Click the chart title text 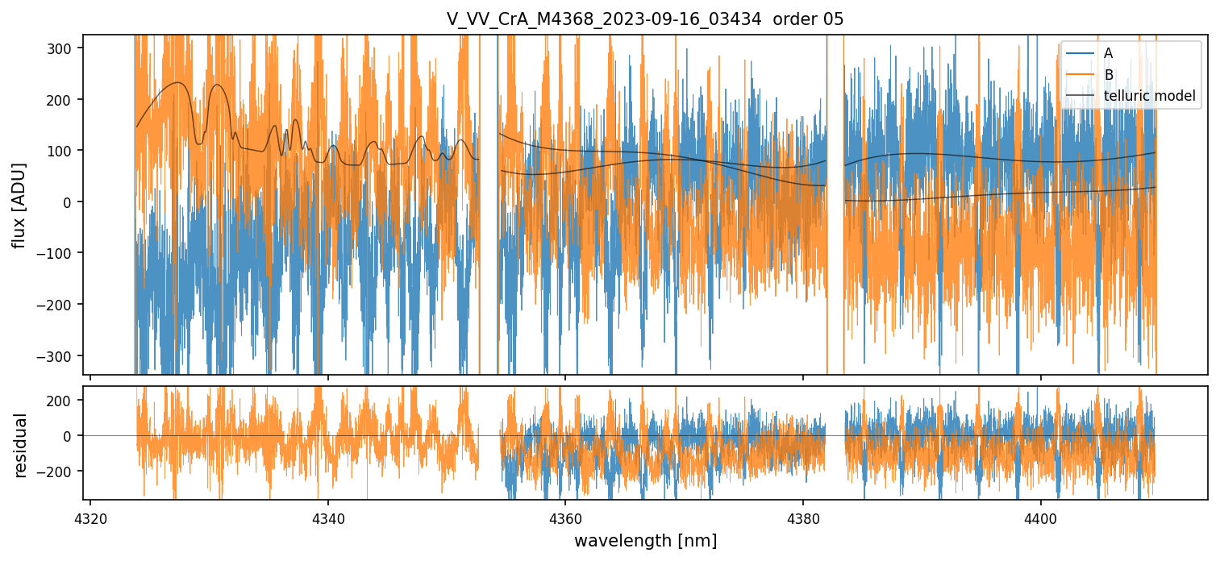(x=645, y=19)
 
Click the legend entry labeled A (x=1108, y=53)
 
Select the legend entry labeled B (x=1108, y=75)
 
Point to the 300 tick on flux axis (x=65, y=48)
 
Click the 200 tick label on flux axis (x=65, y=99)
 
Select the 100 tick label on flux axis (x=65, y=151)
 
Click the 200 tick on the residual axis (x=65, y=400)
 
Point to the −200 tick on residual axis (x=62, y=471)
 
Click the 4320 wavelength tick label (x=90, y=517)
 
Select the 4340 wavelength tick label (x=327, y=517)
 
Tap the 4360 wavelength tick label (x=565, y=517)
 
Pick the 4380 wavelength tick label (x=803, y=517)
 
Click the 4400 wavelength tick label (x=1040, y=517)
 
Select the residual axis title (x=21, y=445)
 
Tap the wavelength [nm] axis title (x=645, y=540)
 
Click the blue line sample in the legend (x=1081, y=53)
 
